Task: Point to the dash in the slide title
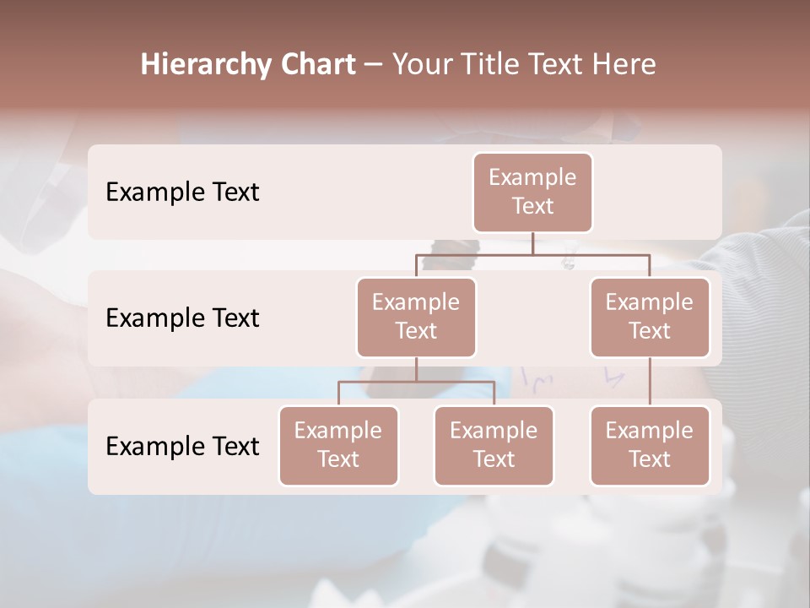(x=373, y=65)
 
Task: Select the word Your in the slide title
(x=420, y=65)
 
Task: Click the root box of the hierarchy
(x=532, y=192)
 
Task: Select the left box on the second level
(x=416, y=317)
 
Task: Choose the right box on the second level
(x=650, y=317)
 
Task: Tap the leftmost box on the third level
(x=338, y=445)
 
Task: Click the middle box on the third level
(x=494, y=445)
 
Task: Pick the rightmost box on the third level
(x=650, y=445)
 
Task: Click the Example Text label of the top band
(x=182, y=193)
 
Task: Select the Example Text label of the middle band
(x=182, y=318)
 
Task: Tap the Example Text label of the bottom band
(x=182, y=447)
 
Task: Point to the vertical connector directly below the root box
(x=532, y=243)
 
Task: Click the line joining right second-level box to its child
(x=650, y=381)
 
